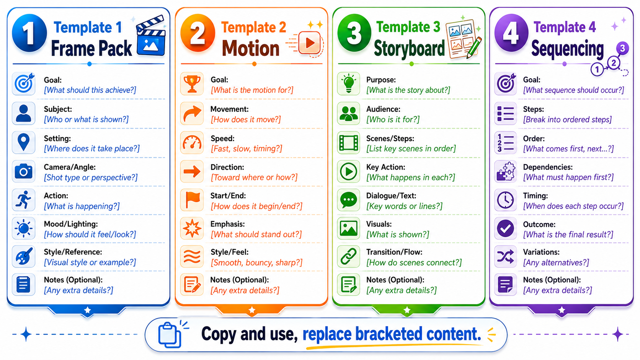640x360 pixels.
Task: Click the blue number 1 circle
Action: [x=29, y=33]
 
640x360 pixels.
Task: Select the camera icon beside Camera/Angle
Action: [x=23, y=171]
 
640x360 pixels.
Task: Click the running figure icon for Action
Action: [x=23, y=200]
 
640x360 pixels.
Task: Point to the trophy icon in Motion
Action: [x=192, y=84]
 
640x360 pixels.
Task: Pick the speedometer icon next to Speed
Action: [x=192, y=142]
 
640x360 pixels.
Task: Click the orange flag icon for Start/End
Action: [x=192, y=200]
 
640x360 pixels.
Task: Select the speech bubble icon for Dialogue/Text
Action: [x=349, y=200]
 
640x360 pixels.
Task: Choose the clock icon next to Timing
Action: [x=505, y=200]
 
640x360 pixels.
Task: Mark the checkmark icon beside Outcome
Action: [x=505, y=228]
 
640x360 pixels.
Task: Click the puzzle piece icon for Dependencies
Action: [x=505, y=171]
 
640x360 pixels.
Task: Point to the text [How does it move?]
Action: [x=246, y=119]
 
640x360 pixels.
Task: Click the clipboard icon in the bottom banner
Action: [x=170, y=335]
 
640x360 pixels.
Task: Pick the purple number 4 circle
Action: [x=511, y=33]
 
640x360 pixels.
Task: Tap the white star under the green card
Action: [x=407, y=310]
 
